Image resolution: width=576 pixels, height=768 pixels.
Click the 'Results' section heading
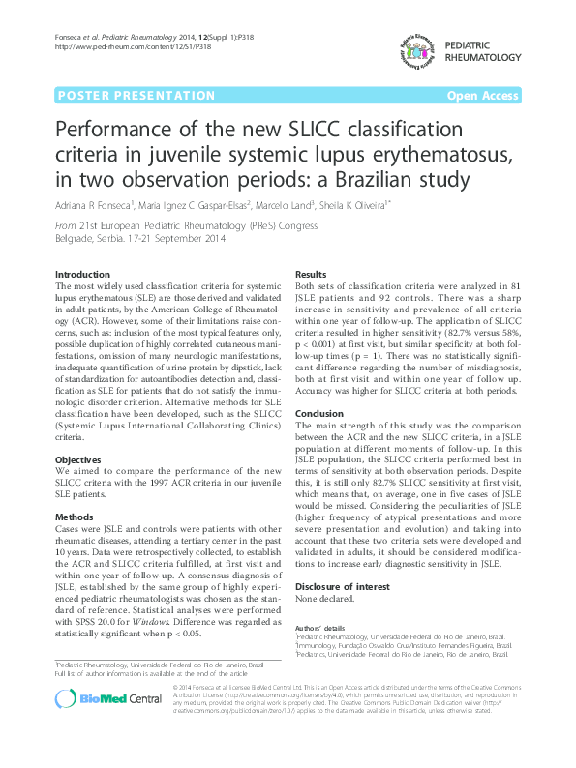[311, 276]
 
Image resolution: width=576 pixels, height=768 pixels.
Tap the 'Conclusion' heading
[320, 413]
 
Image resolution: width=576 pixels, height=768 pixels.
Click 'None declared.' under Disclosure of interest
[325, 600]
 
